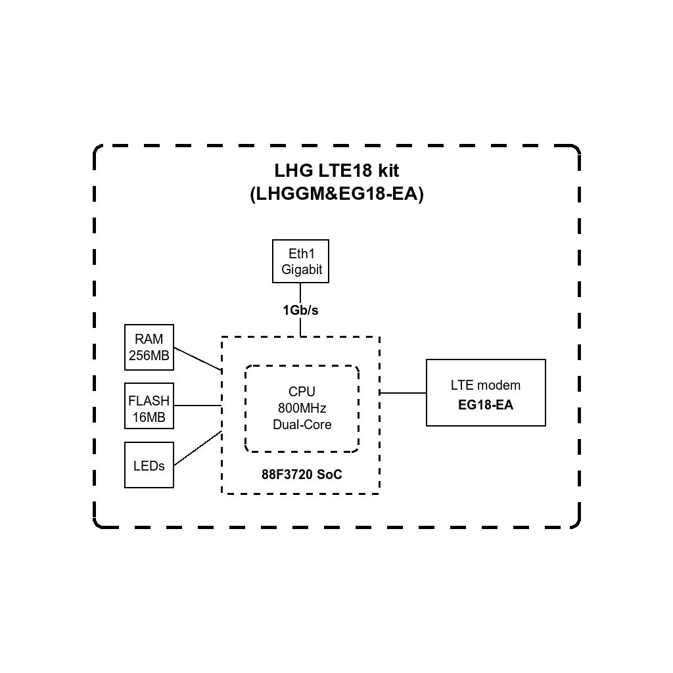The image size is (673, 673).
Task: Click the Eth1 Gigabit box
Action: point(301,261)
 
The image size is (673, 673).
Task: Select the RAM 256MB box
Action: point(149,347)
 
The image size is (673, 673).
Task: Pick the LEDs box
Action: point(149,465)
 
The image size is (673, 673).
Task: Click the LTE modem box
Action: point(486,392)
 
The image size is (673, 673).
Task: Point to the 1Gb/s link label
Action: point(301,310)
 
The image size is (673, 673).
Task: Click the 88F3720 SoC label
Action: point(302,475)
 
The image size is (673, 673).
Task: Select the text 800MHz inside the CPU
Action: point(302,407)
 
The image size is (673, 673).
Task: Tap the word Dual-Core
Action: point(302,425)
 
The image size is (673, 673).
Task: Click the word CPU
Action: point(302,391)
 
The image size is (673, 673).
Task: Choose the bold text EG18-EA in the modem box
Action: point(486,405)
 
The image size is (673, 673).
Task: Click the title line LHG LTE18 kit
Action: point(336,170)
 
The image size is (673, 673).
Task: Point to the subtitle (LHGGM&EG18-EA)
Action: point(336,195)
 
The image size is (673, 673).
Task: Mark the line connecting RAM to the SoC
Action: point(197,358)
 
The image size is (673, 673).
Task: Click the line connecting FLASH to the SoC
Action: point(197,406)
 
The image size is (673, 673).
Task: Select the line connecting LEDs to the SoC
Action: point(197,448)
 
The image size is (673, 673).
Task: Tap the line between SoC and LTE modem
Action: point(403,393)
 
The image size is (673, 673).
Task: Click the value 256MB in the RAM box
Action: point(149,355)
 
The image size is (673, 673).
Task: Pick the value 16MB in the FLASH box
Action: point(149,417)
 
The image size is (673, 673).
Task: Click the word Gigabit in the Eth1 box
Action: point(302,269)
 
